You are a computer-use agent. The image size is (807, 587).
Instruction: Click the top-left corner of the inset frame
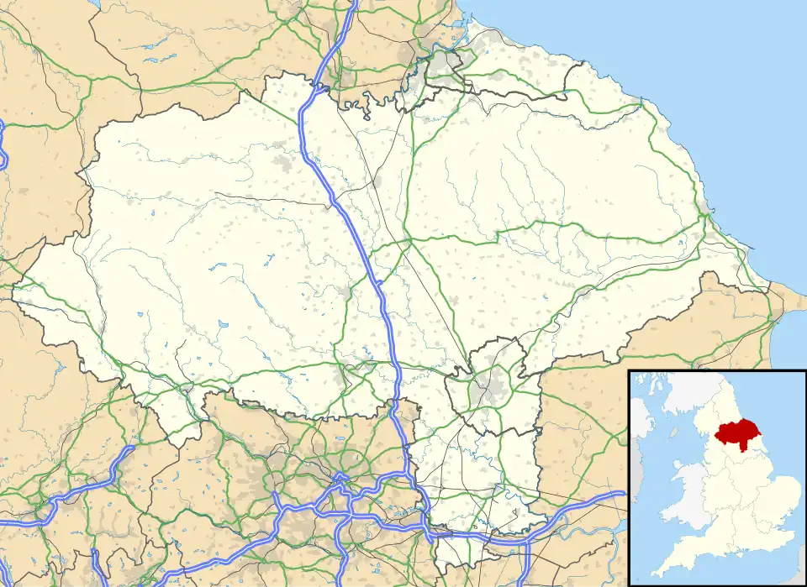[629, 369]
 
